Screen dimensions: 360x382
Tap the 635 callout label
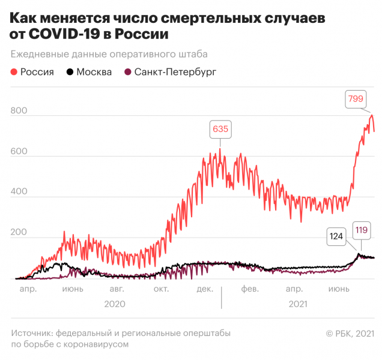coord(220,129)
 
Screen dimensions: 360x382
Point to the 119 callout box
coord(361,229)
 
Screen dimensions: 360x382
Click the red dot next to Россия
coord(14,73)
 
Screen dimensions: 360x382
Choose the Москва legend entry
coord(88,73)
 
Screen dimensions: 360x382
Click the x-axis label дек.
coord(205,289)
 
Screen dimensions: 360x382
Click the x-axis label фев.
coord(249,289)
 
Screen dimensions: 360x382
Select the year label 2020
coord(114,304)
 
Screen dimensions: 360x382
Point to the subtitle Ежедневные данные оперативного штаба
coord(109,54)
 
